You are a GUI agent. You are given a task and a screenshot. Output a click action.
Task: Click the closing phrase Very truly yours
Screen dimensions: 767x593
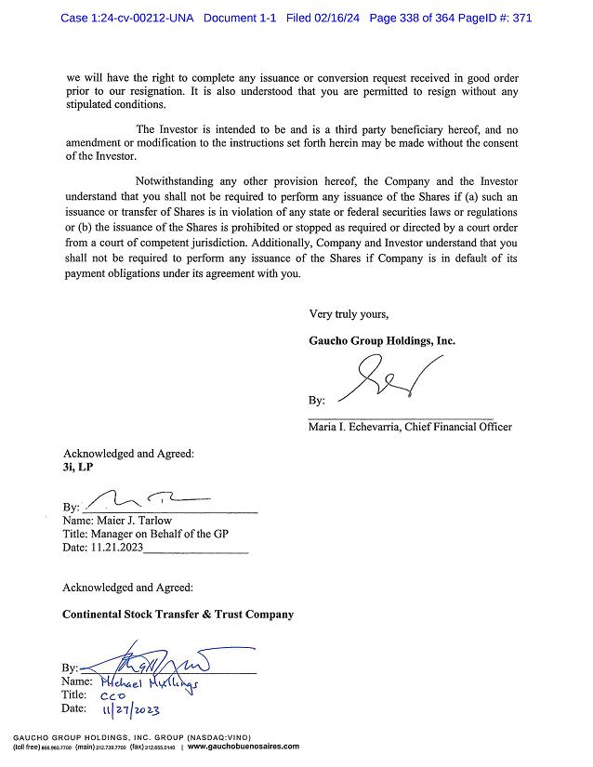(349, 313)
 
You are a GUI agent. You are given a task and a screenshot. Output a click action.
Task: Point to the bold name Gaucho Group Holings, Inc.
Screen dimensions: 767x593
(382, 341)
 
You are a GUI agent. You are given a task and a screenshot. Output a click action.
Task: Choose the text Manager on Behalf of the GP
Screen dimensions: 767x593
(159, 534)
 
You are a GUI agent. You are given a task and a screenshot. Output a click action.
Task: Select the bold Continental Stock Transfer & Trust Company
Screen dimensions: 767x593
(178, 615)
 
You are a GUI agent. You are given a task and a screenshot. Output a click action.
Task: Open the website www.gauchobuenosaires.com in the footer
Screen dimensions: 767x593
(244, 747)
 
